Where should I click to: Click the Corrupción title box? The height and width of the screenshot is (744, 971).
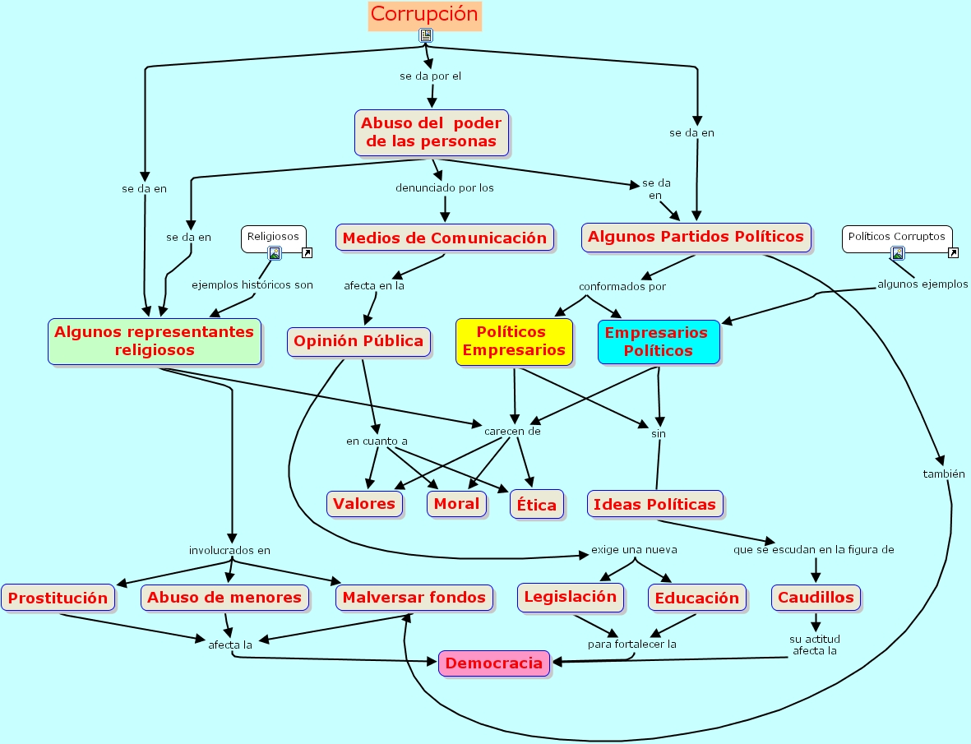pyautogui.click(x=424, y=15)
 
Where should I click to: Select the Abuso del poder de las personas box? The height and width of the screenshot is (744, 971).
pyautogui.click(x=431, y=132)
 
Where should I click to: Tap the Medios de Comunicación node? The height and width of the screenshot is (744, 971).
pyautogui.click(x=444, y=238)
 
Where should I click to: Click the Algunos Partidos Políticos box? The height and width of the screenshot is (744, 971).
pyautogui.click(x=696, y=237)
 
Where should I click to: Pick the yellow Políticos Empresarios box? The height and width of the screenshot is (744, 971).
pyautogui.click(x=514, y=341)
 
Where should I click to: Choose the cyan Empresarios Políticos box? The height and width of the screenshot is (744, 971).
pyautogui.click(x=658, y=341)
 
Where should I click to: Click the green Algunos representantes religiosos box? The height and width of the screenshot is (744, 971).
pyautogui.click(x=155, y=341)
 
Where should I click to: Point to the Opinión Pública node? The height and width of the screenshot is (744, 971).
pyautogui.click(x=358, y=340)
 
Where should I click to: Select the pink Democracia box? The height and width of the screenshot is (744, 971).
pyautogui.click(x=494, y=663)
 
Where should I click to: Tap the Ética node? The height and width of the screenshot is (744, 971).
pyautogui.click(x=537, y=504)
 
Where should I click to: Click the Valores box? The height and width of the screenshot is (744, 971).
pyautogui.click(x=364, y=503)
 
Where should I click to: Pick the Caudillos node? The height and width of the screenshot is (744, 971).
pyautogui.click(x=816, y=598)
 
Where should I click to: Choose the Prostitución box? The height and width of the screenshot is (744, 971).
pyautogui.click(x=58, y=598)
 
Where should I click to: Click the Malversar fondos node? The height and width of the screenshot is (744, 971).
pyautogui.click(x=414, y=598)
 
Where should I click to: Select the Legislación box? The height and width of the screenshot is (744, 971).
pyautogui.click(x=570, y=597)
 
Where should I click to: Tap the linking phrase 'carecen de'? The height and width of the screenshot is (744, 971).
pyautogui.click(x=512, y=431)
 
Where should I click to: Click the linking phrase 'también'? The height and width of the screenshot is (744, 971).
pyautogui.click(x=943, y=474)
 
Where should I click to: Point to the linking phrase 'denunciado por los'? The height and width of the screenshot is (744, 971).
pyautogui.click(x=444, y=187)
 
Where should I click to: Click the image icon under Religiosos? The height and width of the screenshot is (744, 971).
pyautogui.click(x=275, y=253)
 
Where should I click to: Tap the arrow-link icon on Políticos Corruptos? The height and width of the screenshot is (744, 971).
pyautogui.click(x=953, y=253)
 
